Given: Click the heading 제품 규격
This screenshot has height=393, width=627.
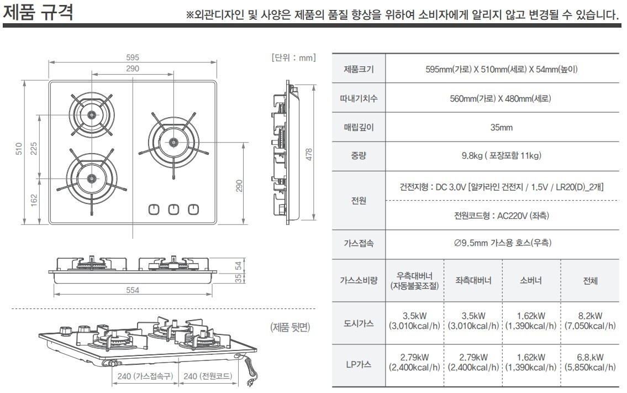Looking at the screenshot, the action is coord(38,12).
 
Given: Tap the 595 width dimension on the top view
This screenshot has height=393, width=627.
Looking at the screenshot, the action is coord(133,57).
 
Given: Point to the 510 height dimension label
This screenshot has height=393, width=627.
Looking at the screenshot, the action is coord(19,149).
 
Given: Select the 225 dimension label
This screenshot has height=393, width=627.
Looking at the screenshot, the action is coord(34,149).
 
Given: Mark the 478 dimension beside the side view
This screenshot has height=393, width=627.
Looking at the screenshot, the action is coord(309,154).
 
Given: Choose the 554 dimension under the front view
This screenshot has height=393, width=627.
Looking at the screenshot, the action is coord(133,290).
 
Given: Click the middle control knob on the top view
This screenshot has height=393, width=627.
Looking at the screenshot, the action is coord(173,209).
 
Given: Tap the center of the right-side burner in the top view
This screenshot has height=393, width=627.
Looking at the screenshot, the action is coord(173,142).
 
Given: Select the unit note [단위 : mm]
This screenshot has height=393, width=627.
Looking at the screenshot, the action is coord(294,57).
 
